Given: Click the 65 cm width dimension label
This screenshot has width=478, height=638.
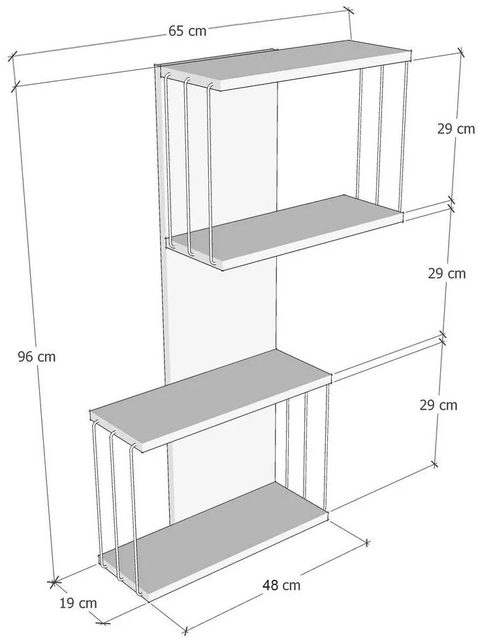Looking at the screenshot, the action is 187,31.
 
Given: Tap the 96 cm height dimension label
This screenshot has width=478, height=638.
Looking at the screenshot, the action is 37,357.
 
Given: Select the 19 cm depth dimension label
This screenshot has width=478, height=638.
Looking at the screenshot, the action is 78,603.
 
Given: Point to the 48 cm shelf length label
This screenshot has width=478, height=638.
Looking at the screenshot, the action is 281,585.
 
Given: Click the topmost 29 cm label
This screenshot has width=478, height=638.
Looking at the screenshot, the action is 456,129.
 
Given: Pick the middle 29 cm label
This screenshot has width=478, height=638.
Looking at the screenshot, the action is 447,273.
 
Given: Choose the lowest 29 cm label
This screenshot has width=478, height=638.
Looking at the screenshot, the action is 439,405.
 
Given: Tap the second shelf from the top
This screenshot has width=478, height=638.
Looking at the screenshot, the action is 285,232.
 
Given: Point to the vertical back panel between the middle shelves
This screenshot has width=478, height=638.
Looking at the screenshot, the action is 221,309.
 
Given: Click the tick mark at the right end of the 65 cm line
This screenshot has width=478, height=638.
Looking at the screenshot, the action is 348,10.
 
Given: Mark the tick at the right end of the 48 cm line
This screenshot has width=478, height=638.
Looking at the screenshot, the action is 367,543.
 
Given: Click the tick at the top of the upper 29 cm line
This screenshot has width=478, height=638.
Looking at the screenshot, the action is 461,52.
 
